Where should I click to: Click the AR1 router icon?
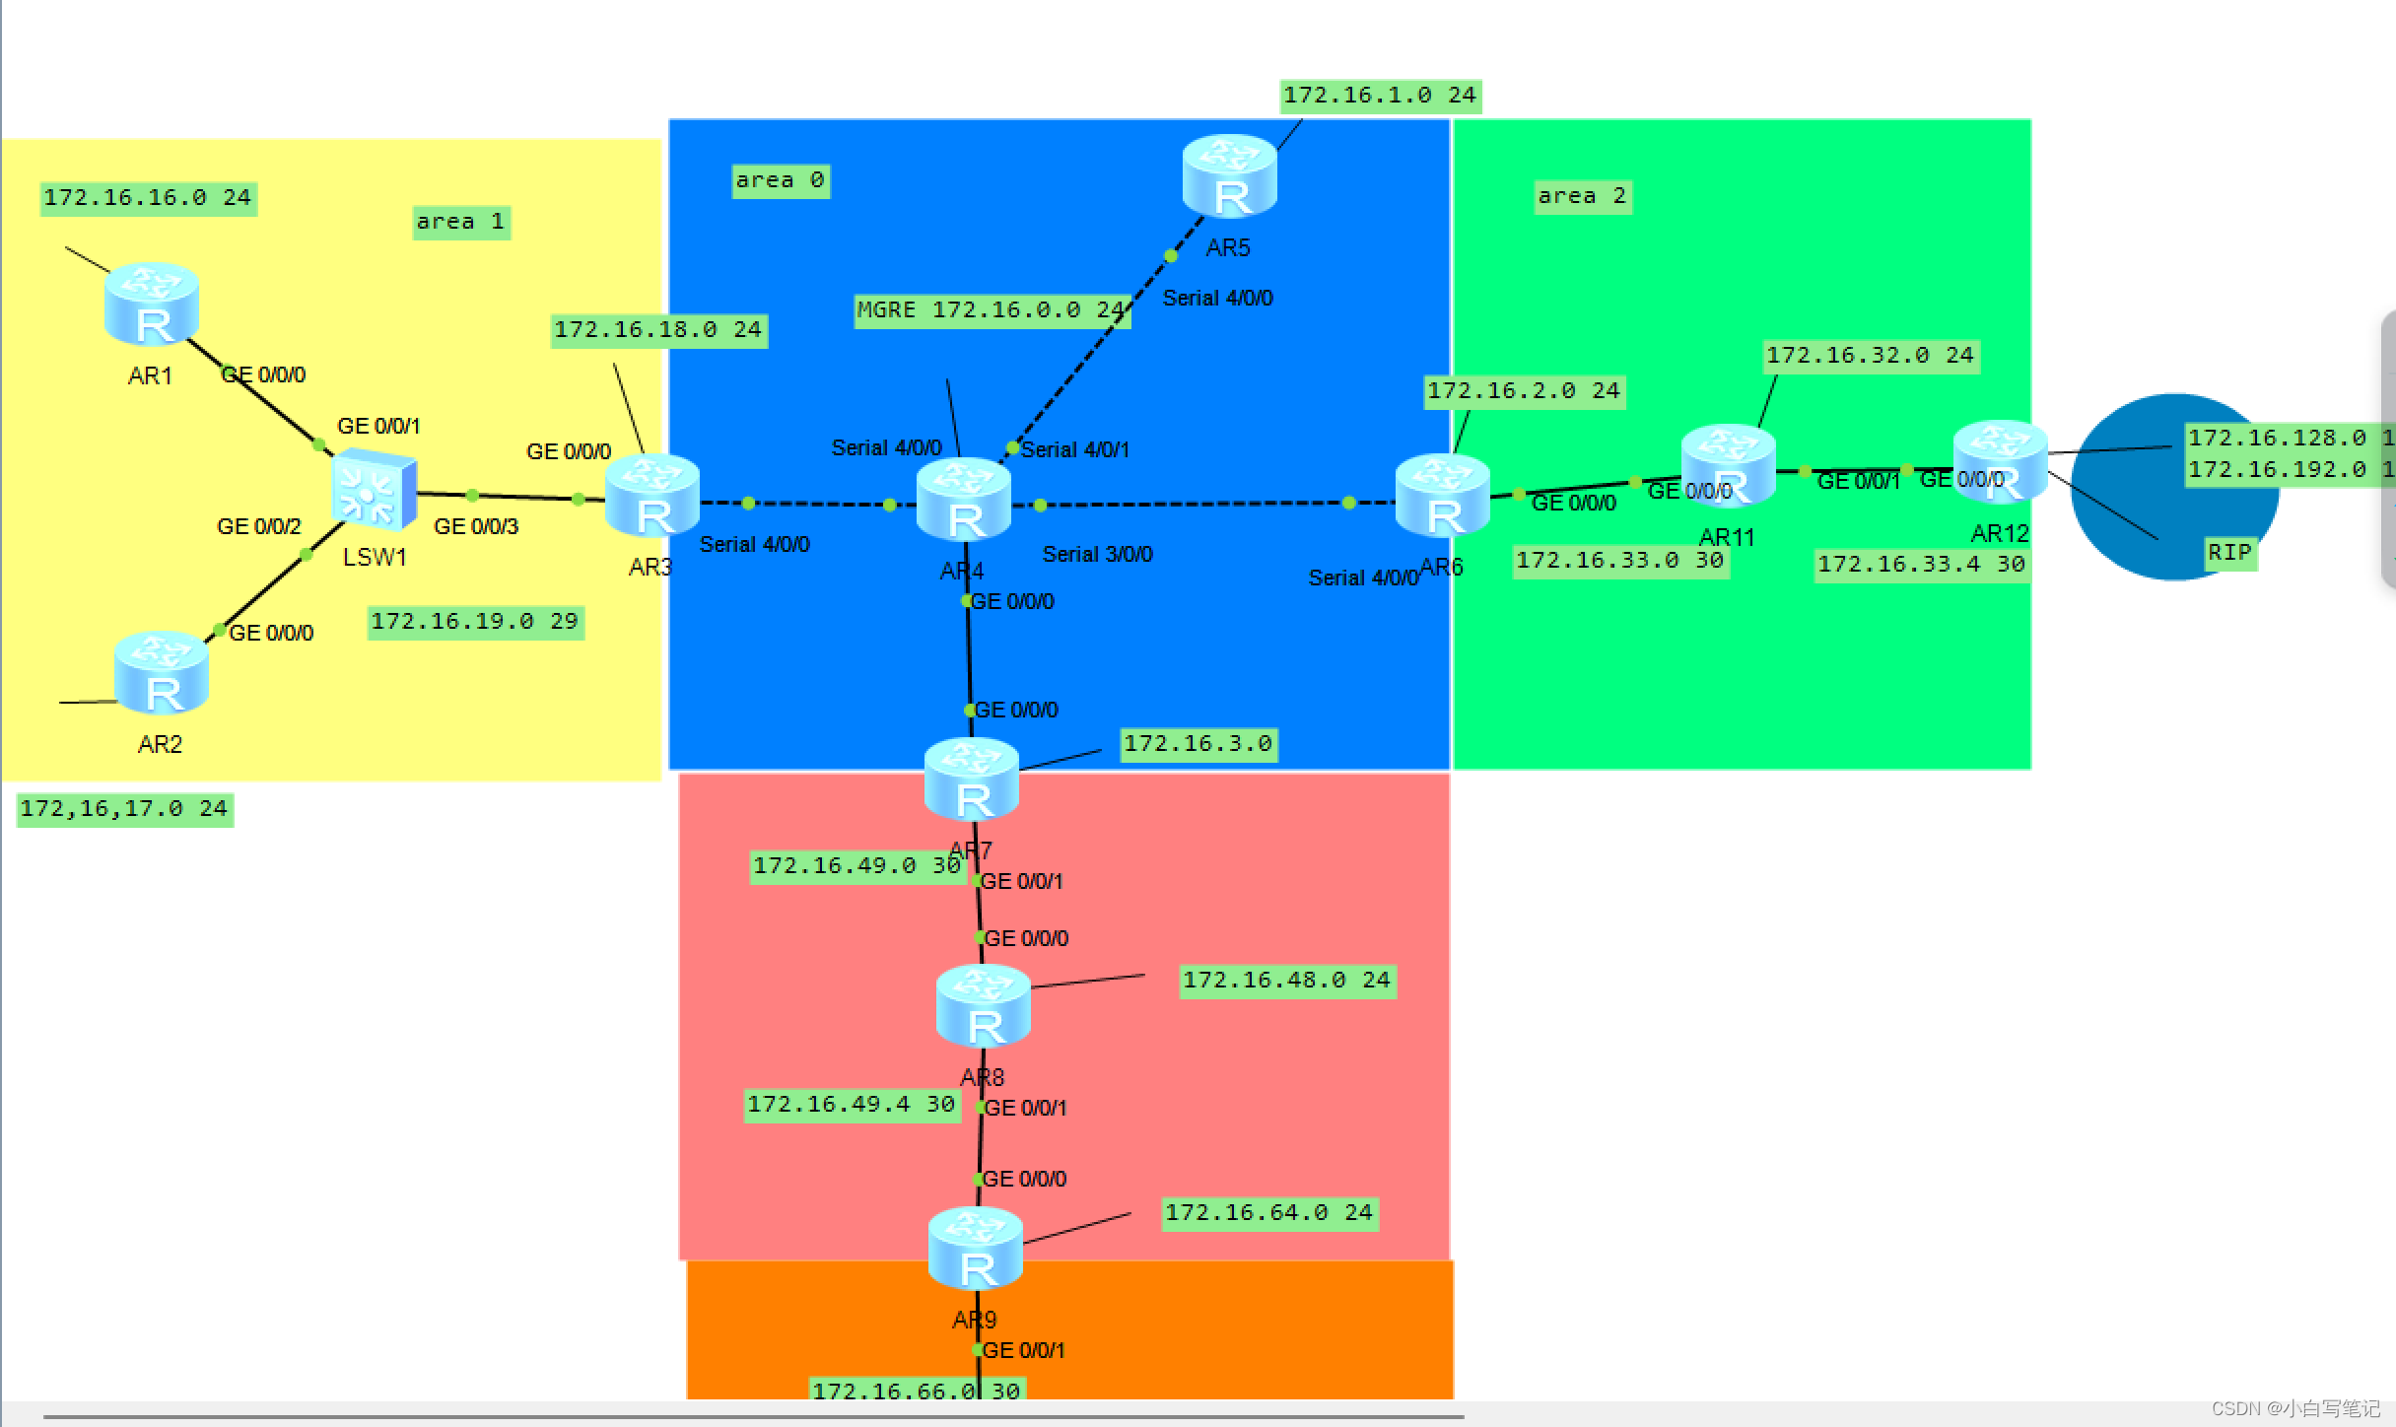point(152,305)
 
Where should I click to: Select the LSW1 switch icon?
point(374,490)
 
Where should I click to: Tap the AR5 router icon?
point(1229,176)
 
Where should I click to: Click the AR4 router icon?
point(963,500)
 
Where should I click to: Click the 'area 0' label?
point(780,180)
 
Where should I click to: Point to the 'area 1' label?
point(460,222)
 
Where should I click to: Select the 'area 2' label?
point(1582,196)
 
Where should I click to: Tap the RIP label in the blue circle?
point(2229,553)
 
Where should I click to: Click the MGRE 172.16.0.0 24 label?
point(991,310)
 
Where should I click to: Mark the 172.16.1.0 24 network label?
point(1379,96)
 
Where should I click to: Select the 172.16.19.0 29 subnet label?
point(474,622)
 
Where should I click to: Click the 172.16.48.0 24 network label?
point(1286,981)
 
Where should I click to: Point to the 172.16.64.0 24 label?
point(1268,1213)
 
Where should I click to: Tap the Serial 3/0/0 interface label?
point(1097,554)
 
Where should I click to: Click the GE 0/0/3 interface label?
point(476,526)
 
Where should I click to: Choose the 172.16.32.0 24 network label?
point(1869,356)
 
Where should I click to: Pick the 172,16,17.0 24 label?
point(124,809)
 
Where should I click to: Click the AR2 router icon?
point(161,672)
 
